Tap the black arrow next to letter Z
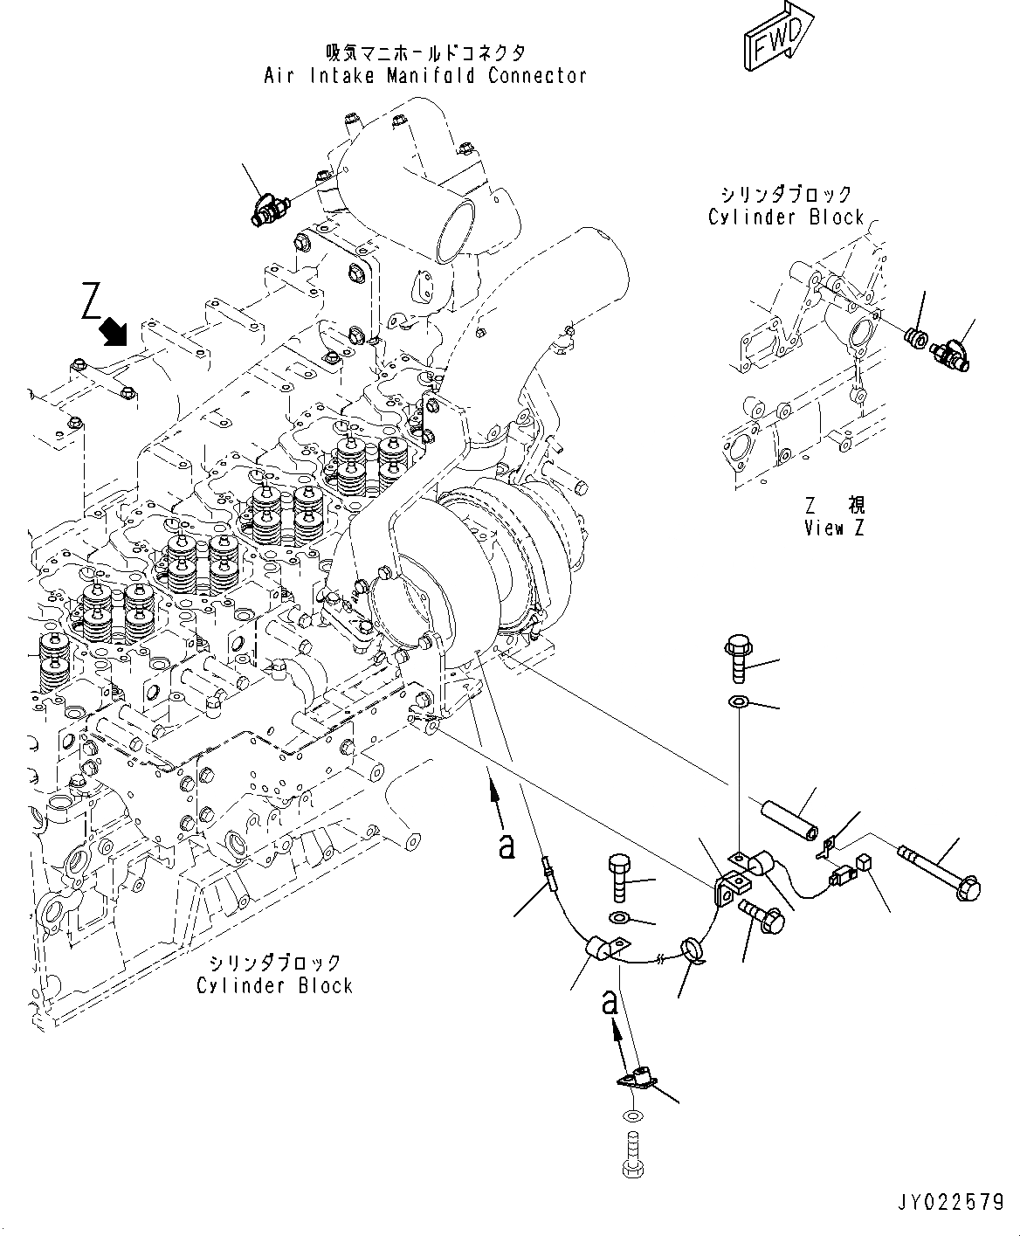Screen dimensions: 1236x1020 coord(114,331)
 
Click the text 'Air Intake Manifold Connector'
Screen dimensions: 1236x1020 coord(425,76)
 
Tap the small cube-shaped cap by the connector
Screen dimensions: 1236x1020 coord(866,863)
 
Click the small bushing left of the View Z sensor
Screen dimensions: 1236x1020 coord(914,335)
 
